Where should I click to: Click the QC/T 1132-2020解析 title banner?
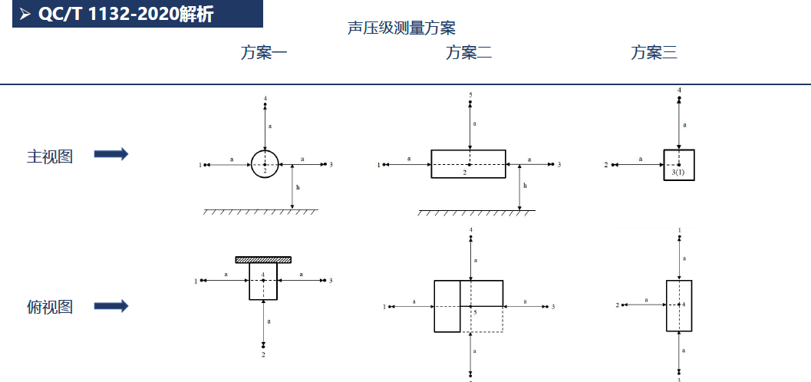click(137, 14)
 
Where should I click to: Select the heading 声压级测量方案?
click(401, 28)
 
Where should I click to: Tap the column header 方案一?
click(264, 53)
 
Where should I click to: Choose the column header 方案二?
click(469, 53)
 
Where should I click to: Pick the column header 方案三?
click(654, 53)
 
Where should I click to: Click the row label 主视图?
click(50, 156)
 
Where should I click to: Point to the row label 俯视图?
click(50, 307)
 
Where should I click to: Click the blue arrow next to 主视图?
click(111, 153)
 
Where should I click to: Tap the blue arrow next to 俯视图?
click(111, 305)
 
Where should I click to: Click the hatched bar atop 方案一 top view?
click(263, 259)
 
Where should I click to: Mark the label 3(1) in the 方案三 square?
click(678, 173)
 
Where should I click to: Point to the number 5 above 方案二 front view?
click(470, 95)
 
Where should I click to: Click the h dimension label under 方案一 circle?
click(298, 188)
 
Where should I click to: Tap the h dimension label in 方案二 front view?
click(525, 186)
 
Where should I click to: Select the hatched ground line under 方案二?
click(477, 212)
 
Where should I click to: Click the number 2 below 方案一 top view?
click(263, 355)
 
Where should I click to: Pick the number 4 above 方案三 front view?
click(679, 90)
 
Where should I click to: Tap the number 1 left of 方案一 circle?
click(199, 165)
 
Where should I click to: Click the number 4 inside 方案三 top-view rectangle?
click(683, 305)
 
